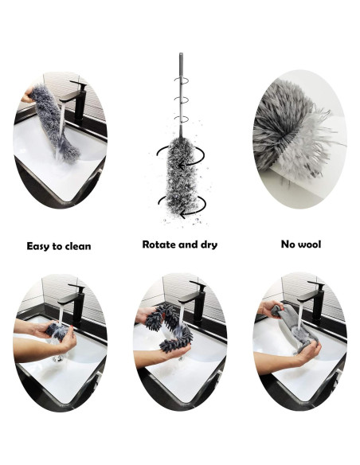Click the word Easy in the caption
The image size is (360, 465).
coord(40,246)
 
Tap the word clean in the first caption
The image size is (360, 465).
coord(77,246)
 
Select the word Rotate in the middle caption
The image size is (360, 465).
coord(160,244)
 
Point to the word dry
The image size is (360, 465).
coord(207,245)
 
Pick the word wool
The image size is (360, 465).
coord(309,244)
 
